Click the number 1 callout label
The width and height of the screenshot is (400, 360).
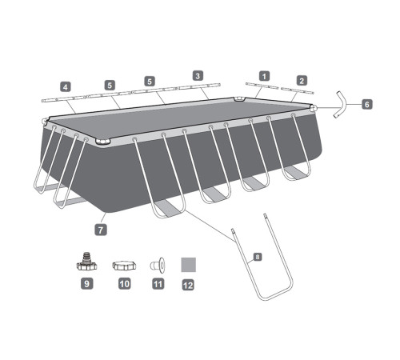pos(264,77)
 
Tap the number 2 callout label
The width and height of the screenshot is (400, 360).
pos(302,81)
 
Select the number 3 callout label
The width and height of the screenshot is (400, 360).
pos(198,76)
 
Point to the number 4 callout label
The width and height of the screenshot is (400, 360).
pos(66,87)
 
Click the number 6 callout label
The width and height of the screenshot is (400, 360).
pos(367,104)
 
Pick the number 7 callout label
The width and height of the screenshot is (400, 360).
pos(101,230)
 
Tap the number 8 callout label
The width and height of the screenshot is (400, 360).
pos(258,257)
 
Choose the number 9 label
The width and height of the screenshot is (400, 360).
pos(87,283)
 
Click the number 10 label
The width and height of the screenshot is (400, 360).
pos(124,283)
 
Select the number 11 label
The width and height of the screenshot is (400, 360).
pos(158,283)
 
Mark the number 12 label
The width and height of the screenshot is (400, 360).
pos(188,286)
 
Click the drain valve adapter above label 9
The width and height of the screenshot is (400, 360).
pos(86,262)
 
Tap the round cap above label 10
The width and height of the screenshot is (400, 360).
pos(124,266)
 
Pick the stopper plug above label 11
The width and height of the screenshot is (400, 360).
pos(158,266)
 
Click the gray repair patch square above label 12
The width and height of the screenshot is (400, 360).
pos(189,265)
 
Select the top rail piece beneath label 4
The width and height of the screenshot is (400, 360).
pos(63,98)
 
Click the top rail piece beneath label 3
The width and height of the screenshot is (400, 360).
pos(199,86)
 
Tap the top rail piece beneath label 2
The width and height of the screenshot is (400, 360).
pos(298,90)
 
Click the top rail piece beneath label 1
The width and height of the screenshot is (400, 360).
pos(262,86)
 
